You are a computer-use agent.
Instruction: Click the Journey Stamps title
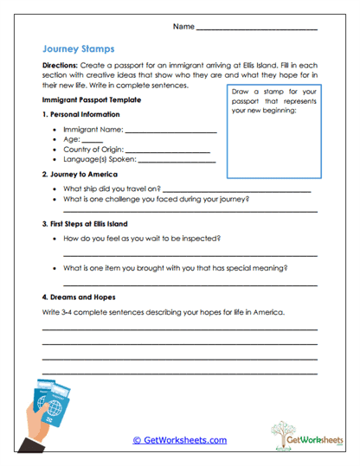tap(77, 50)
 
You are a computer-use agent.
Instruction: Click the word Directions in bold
tap(61, 66)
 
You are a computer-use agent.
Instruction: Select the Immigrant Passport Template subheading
tap(88, 100)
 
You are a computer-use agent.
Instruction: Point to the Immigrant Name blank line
tap(170, 132)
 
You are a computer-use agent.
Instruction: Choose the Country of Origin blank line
tap(172, 151)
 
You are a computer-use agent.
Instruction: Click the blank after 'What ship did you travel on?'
tap(236, 189)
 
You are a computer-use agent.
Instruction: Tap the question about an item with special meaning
tap(176, 268)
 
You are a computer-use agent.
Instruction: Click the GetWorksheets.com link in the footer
tap(180, 440)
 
